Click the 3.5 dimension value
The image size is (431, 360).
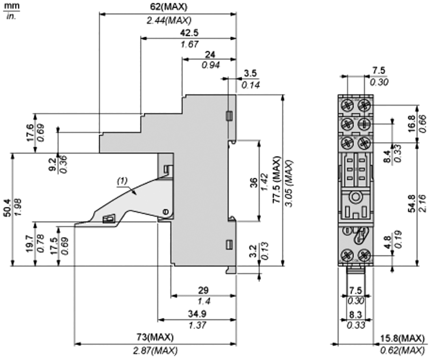click(250, 73)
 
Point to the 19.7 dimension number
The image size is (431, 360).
click(30, 244)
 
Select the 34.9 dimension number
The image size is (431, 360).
click(197, 313)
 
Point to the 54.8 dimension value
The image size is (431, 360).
click(411, 203)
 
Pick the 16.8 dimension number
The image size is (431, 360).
click(411, 122)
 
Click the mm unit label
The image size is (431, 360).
click(9, 6)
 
